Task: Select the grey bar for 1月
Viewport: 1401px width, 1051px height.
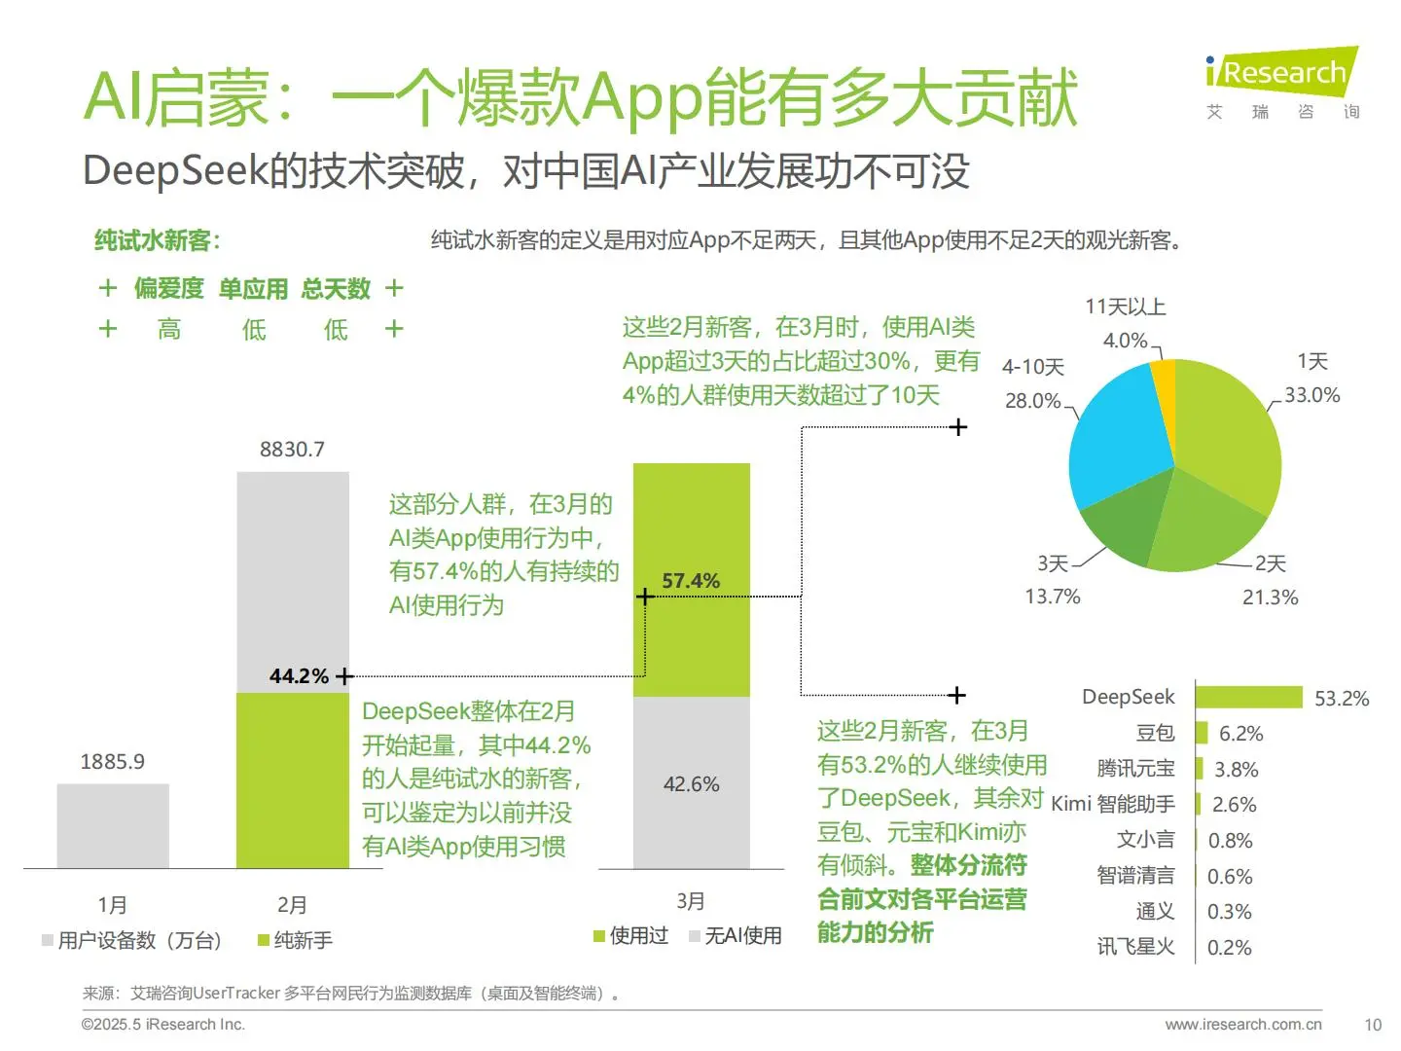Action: point(113,825)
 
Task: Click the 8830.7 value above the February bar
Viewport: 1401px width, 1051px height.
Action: point(292,450)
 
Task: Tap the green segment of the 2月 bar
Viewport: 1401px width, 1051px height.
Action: point(292,779)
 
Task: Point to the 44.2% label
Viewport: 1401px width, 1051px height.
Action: point(299,676)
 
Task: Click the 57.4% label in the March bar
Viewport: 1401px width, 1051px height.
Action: point(691,581)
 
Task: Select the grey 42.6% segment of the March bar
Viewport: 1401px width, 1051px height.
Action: point(691,783)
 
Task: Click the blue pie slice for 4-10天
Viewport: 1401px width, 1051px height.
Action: point(1119,438)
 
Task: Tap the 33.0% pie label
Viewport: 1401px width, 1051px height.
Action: point(1311,395)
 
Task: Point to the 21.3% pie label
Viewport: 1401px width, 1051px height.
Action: point(1270,598)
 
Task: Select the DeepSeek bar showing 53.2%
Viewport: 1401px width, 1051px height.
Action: point(1248,697)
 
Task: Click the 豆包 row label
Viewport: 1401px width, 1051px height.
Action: point(1155,733)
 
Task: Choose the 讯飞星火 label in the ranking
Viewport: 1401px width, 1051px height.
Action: point(1135,947)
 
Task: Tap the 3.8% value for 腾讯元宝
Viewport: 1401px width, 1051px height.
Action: point(1236,770)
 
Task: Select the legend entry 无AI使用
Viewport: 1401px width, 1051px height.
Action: point(742,936)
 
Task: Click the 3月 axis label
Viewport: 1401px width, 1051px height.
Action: point(691,901)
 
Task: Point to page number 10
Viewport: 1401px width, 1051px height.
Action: point(1373,1025)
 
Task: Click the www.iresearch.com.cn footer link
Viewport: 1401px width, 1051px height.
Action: point(1243,1025)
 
